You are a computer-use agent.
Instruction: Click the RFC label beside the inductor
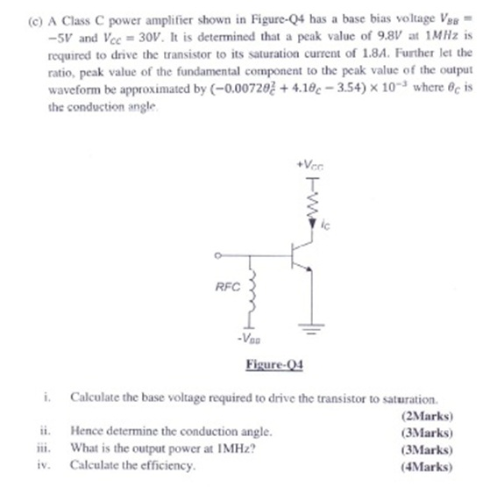pos(224,286)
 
